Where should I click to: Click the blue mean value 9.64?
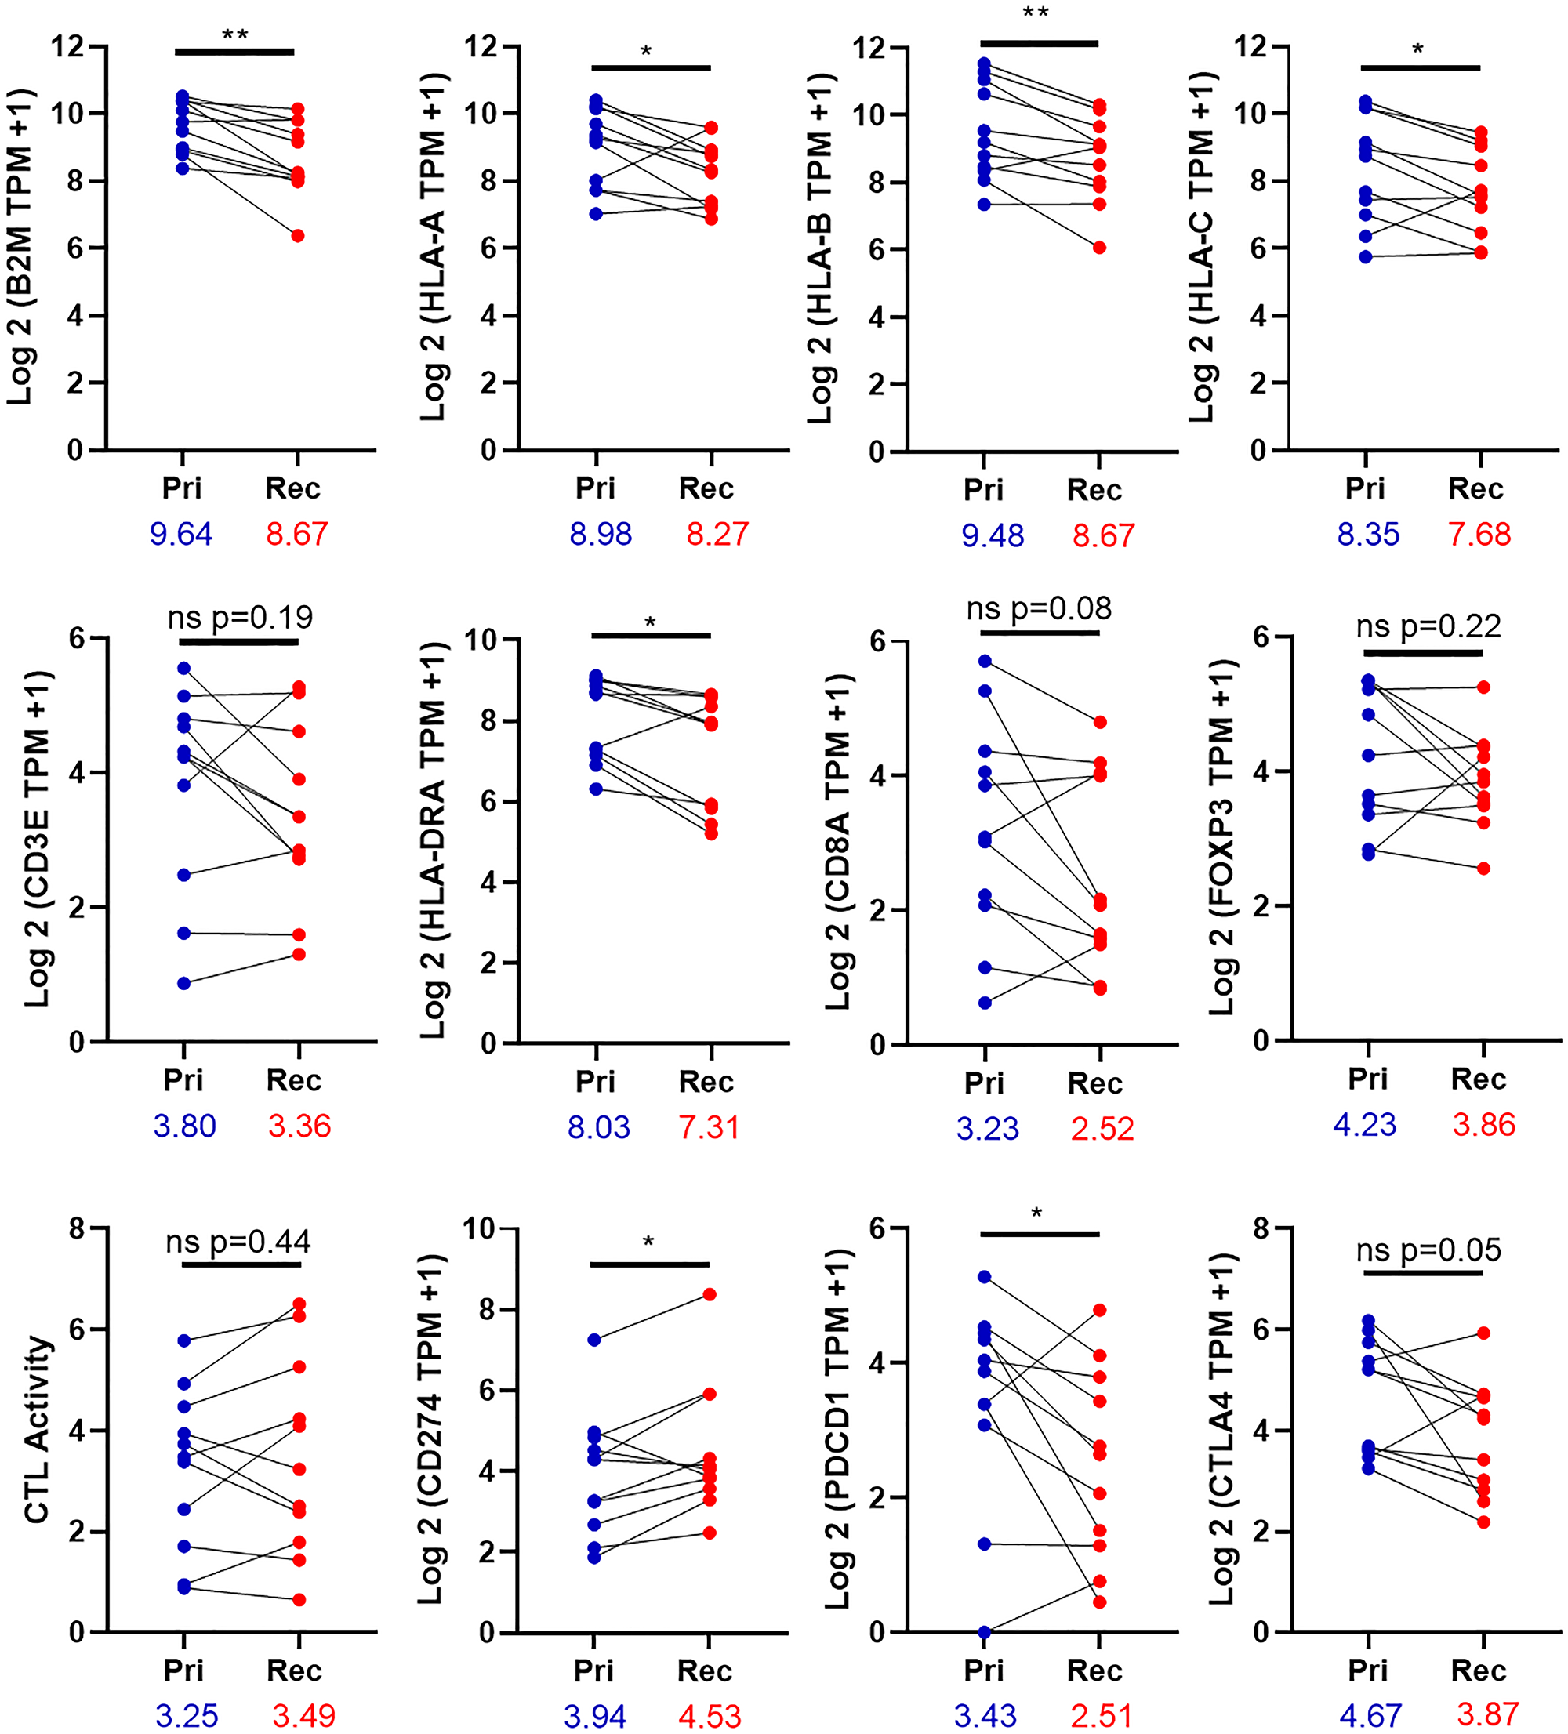pyautogui.click(x=180, y=534)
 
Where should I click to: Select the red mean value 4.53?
pyautogui.click(x=710, y=1716)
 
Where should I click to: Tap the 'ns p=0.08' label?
pyautogui.click(x=1039, y=609)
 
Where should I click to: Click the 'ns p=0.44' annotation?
pyautogui.click(x=238, y=1242)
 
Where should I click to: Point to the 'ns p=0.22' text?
pyautogui.click(x=1428, y=626)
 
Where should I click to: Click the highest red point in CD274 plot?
pyautogui.click(x=710, y=1294)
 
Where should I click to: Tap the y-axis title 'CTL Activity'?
pyautogui.click(x=36, y=1430)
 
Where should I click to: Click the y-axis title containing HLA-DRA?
pyautogui.click(x=434, y=840)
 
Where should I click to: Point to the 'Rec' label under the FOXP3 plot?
pyautogui.click(x=1478, y=1079)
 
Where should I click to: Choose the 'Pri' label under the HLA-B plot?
pyautogui.click(x=983, y=489)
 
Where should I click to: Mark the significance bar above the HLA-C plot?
pyautogui.click(x=1420, y=67)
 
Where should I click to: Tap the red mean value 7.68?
pyautogui.click(x=1479, y=534)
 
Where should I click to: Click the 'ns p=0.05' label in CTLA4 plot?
pyautogui.click(x=1428, y=1250)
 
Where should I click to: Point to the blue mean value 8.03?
pyautogui.click(x=599, y=1126)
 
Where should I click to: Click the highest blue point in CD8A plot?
pyautogui.click(x=985, y=661)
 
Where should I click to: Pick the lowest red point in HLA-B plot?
pyautogui.click(x=1099, y=248)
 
